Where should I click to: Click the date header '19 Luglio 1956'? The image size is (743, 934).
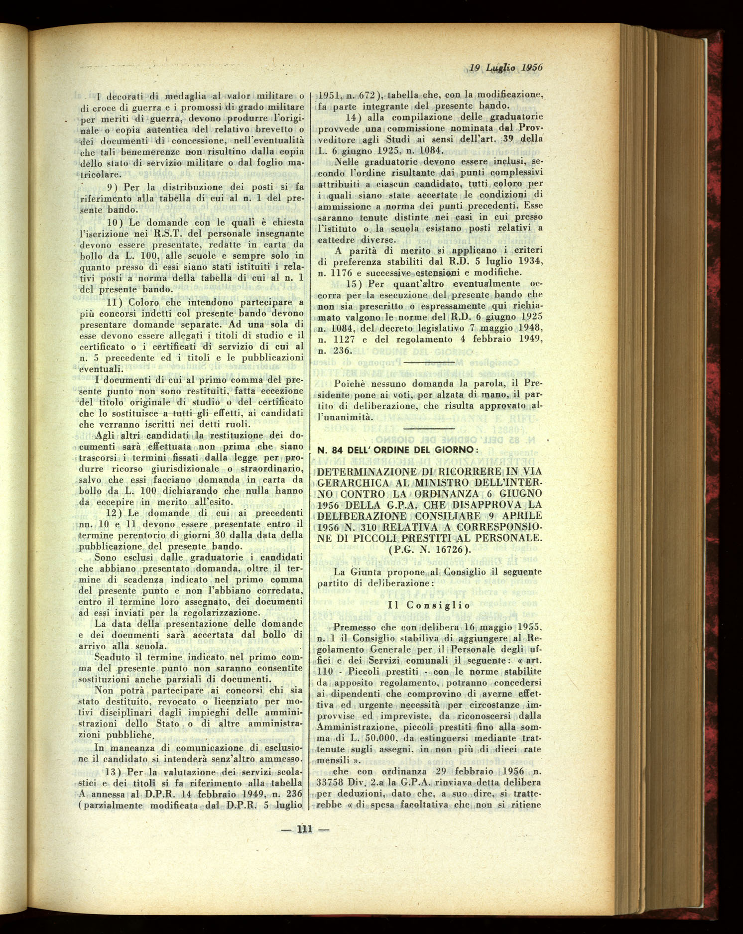click(x=505, y=68)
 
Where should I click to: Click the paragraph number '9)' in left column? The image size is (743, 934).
click(x=113, y=187)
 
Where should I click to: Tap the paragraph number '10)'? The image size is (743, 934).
click(x=115, y=222)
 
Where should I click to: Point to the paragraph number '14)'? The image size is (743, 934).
click(x=353, y=117)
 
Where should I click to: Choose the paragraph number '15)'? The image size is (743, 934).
click(x=354, y=284)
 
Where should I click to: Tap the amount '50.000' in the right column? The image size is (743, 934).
click(x=391, y=738)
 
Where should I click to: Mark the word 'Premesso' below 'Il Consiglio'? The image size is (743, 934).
click(x=354, y=627)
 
